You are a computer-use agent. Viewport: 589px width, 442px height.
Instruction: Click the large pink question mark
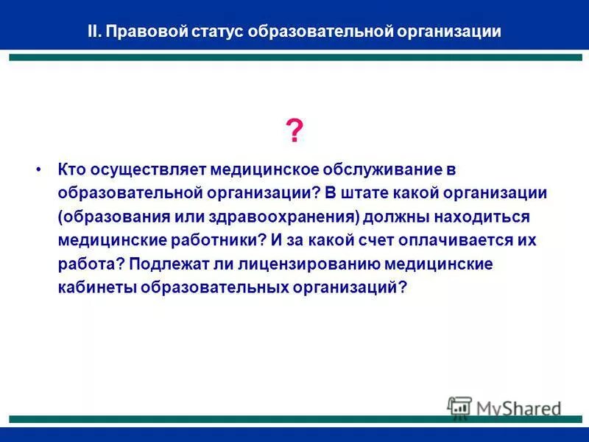pos(294,132)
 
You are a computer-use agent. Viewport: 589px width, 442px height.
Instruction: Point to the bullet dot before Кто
pos(39,169)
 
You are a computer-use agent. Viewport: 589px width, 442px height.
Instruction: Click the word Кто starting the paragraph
pos(72,169)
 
